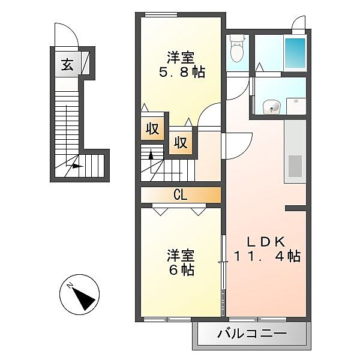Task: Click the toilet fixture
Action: pyautogui.click(x=237, y=49)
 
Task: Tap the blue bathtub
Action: pyautogui.click(x=295, y=53)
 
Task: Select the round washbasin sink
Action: pyautogui.click(x=272, y=107)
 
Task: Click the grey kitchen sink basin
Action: pyautogui.click(x=295, y=166)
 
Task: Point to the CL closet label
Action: pyautogui.click(x=181, y=196)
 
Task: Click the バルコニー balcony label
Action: pyautogui.click(x=252, y=334)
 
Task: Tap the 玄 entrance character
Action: pyautogui.click(x=67, y=65)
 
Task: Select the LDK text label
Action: pyautogui.click(x=266, y=242)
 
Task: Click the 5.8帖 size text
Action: pyautogui.click(x=182, y=73)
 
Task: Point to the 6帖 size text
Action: pyautogui.click(x=182, y=270)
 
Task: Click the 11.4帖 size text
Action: pyautogui.click(x=267, y=257)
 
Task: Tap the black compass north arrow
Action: pyautogui.click(x=84, y=298)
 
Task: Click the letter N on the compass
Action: pyautogui.click(x=70, y=286)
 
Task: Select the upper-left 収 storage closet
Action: pyautogui.click(x=152, y=129)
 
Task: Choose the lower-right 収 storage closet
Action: pyautogui.click(x=181, y=143)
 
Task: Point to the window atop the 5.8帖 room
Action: pyautogui.click(x=161, y=14)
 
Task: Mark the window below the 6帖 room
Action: pyautogui.click(x=167, y=319)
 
